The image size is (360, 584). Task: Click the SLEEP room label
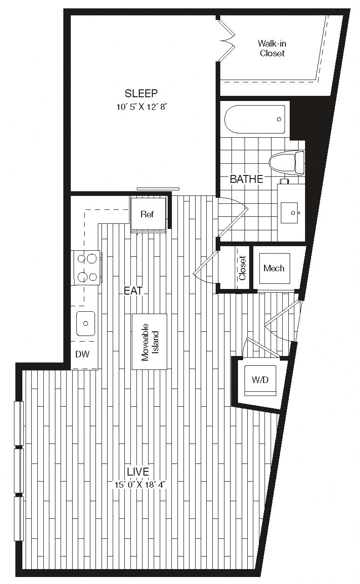pyautogui.click(x=141, y=94)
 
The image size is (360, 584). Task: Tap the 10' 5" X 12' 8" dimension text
pyautogui.click(x=142, y=107)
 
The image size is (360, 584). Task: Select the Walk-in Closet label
pyautogui.click(x=272, y=48)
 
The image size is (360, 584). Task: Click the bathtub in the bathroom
pyautogui.click(x=255, y=120)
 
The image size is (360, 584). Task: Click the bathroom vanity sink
pyautogui.click(x=289, y=213)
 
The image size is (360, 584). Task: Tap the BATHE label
pyautogui.click(x=246, y=179)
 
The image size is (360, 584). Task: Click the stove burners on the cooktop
pyautogui.click(x=87, y=268)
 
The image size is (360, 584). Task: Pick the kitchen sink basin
pyautogui.click(x=86, y=323)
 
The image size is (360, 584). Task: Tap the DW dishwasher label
pyautogui.click(x=82, y=354)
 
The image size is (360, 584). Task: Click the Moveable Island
pyautogui.click(x=149, y=342)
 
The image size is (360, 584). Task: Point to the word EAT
pyautogui.click(x=133, y=291)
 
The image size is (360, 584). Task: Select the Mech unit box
pyautogui.click(x=274, y=269)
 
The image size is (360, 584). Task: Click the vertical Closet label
pyautogui.click(x=242, y=268)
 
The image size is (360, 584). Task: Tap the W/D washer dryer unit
pyautogui.click(x=260, y=381)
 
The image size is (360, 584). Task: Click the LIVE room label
pyautogui.click(x=138, y=472)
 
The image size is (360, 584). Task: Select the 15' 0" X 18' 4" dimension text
pyautogui.click(x=140, y=485)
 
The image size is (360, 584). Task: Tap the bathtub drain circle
pyautogui.click(x=279, y=120)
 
